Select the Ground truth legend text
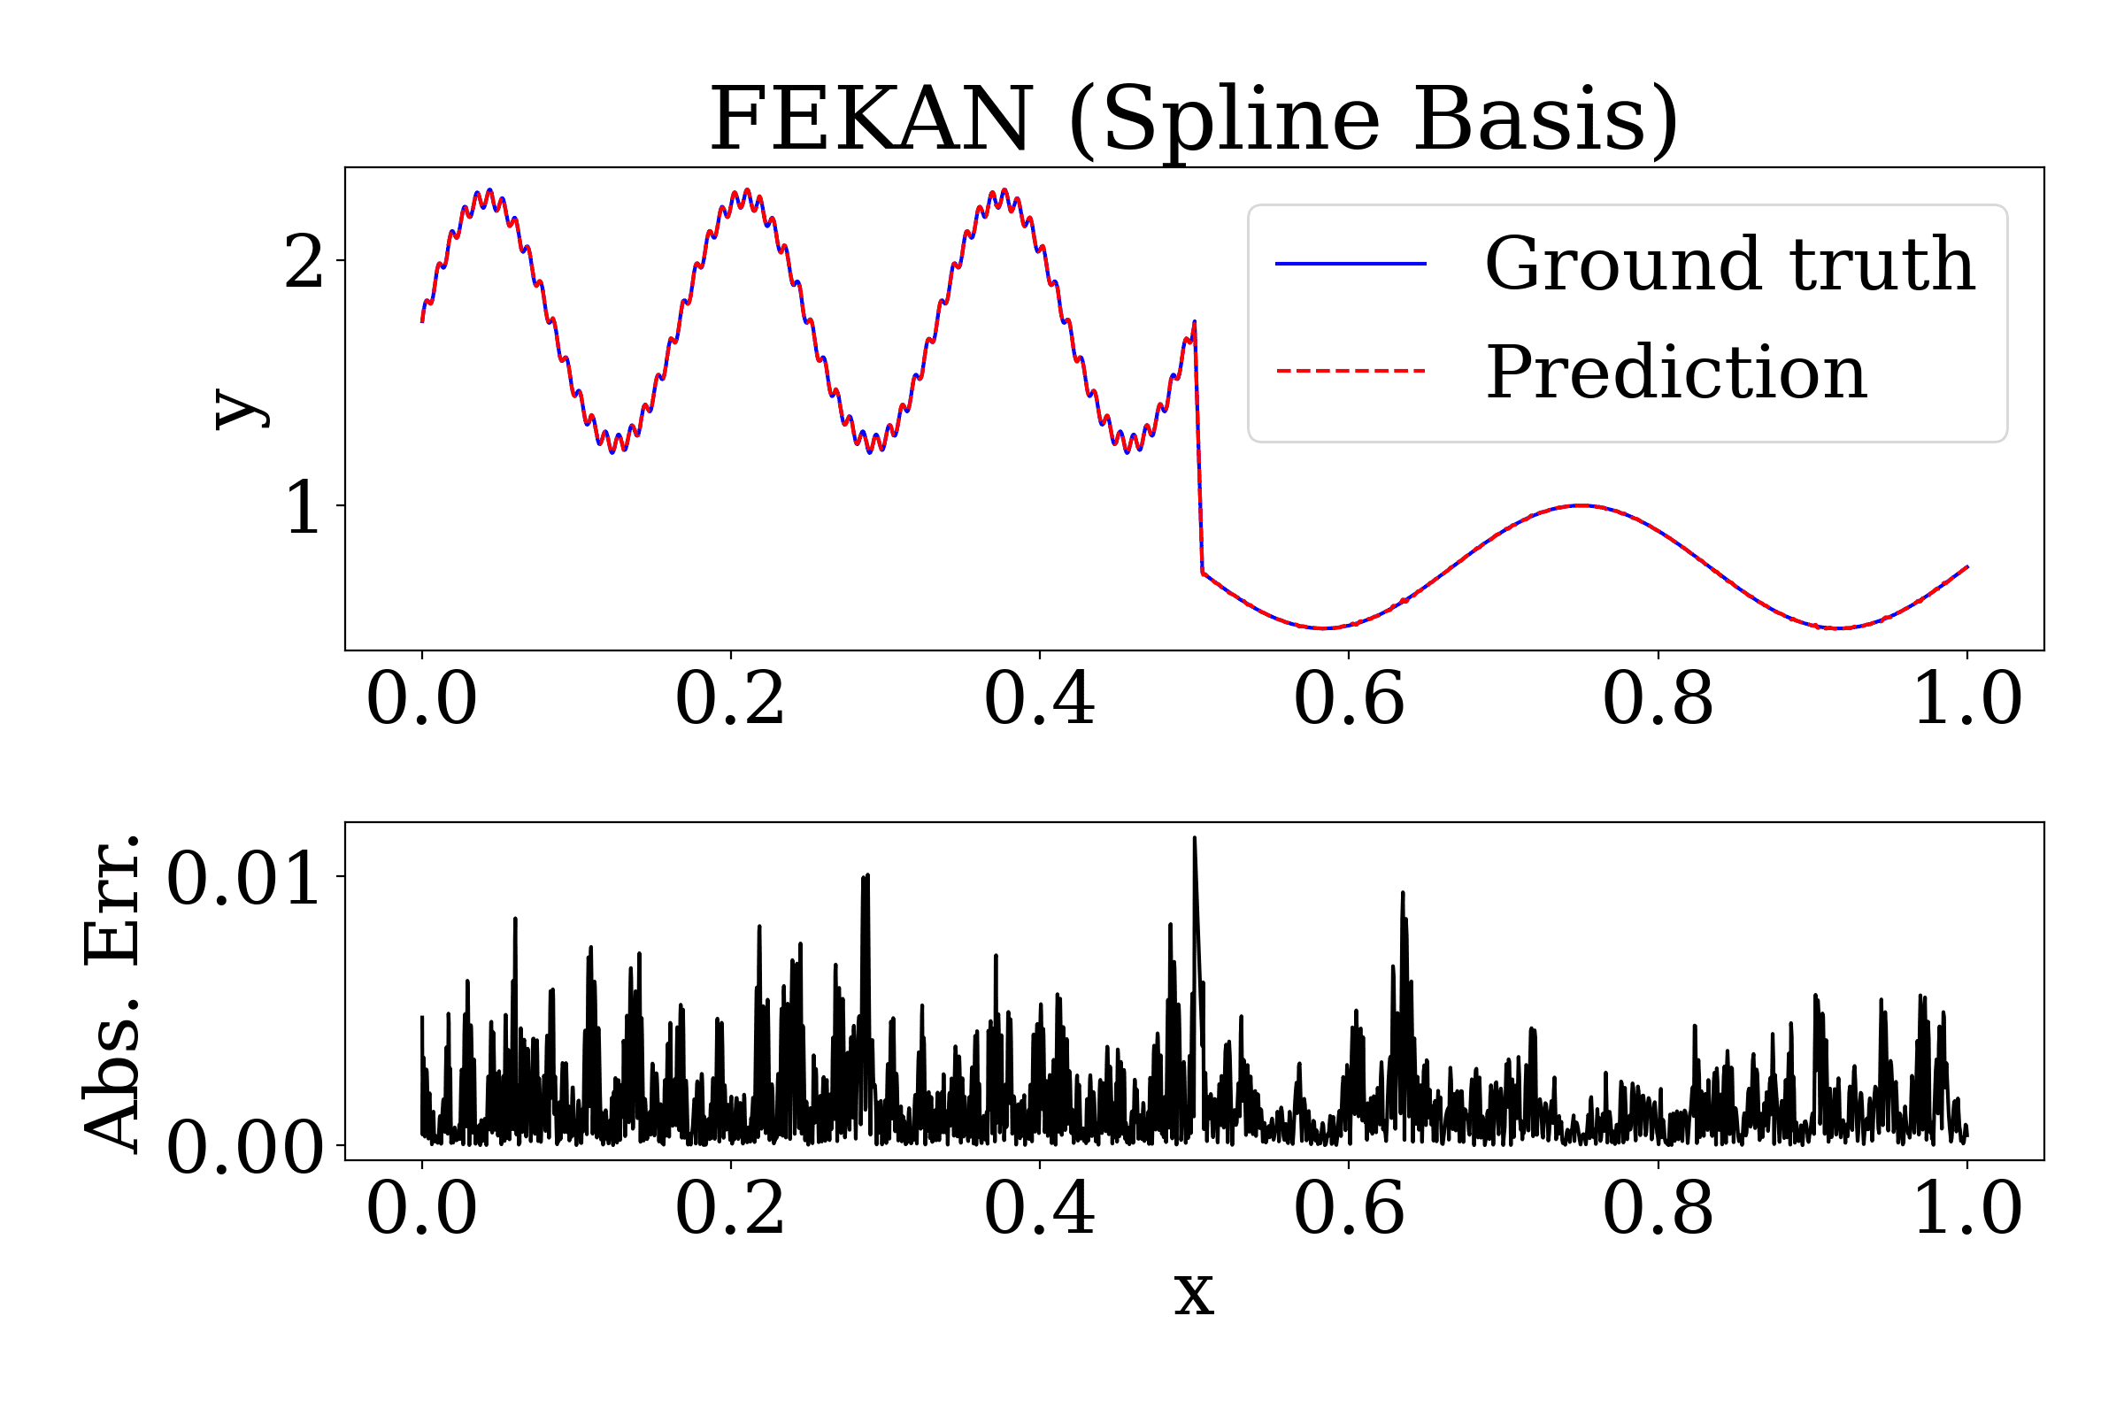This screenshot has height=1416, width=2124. pyautogui.click(x=1729, y=264)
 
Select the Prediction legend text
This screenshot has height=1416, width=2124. pyautogui.click(x=1676, y=372)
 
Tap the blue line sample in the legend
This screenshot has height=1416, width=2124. pyautogui.click(x=1351, y=264)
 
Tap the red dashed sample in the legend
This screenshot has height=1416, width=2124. pyautogui.click(x=1351, y=371)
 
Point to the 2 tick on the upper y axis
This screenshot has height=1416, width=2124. pyautogui.click(x=304, y=262)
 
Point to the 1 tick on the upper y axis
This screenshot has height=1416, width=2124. pyautogui.click(x=304, y=507)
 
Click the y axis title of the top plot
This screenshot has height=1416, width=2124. pyautogui.click(x=238, y=408)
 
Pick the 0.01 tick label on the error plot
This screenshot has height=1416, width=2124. pyautogui.click(x=244, y=879)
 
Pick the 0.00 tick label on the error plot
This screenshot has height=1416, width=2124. pyautogui.click(x=244, y=1149)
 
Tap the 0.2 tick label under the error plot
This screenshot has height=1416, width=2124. pyautogui.click(x=731, y=1209)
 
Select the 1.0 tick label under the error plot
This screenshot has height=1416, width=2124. pyautogui.click(x=1966, y=1209)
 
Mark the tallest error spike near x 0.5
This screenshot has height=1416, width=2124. pyautogui.click(x=1195, y=839)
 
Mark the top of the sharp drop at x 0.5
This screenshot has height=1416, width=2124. pyautogui.click(x=1195, y=322)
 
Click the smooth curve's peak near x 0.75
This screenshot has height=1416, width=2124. pyautogui.click(x=1581, y=505)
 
